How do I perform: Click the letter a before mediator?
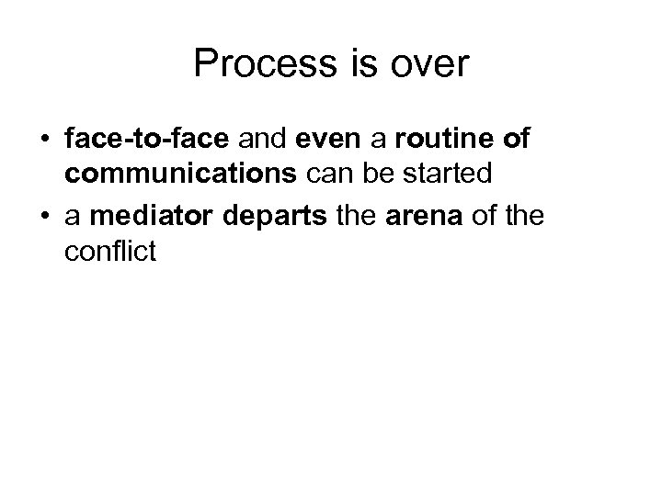pyautogui.click(x=74, y=218)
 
